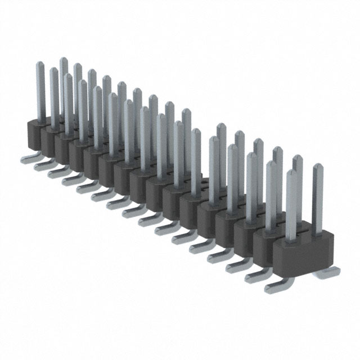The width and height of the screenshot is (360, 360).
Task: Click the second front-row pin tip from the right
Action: click(x=271, y=164)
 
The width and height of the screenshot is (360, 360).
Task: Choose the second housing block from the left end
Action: click(x=49, y=139)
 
